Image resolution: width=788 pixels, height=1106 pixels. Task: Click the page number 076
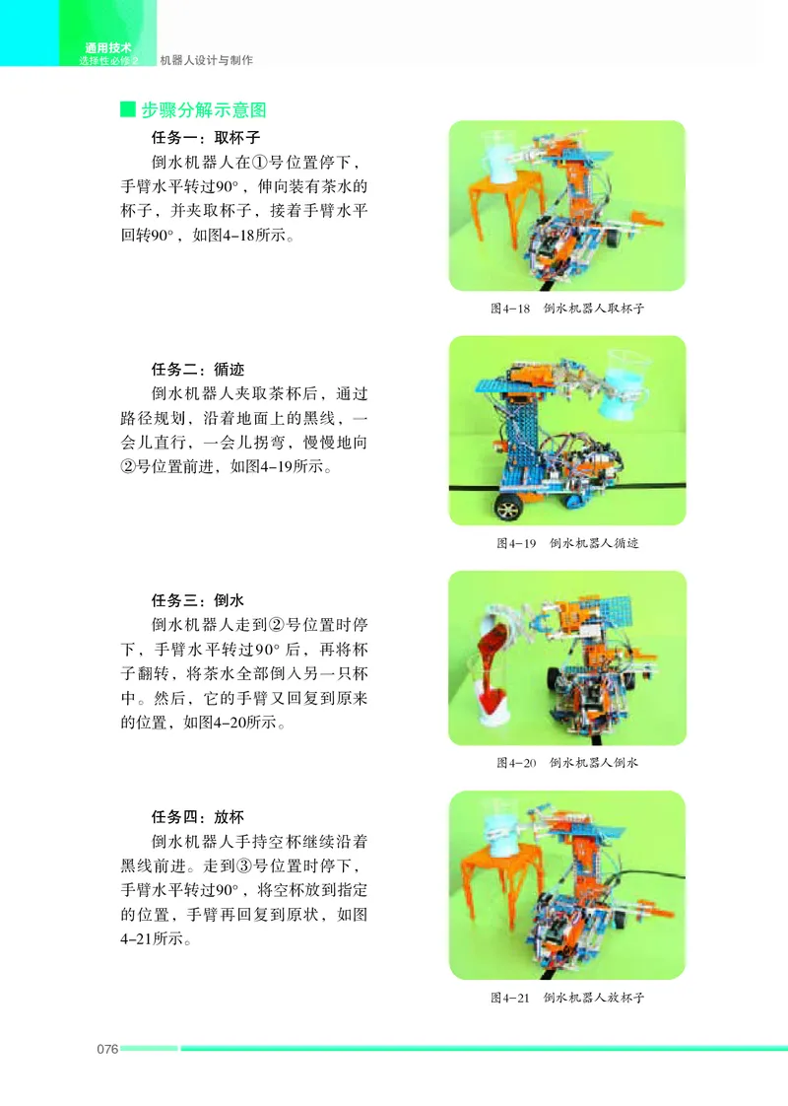click(x=107, y=1048)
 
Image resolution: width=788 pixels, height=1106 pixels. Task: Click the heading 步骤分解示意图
click(x=203, y=109)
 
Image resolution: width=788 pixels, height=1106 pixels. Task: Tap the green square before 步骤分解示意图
click(x=127, y=109)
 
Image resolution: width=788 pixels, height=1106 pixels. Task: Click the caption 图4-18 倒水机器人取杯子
click(x=566, y=309)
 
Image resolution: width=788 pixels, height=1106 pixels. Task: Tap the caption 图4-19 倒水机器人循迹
click(x=566, y=543)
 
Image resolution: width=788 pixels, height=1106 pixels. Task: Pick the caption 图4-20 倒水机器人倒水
click(x=566, y=763)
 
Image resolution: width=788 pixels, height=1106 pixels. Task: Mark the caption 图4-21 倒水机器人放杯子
click(x=566, y=998)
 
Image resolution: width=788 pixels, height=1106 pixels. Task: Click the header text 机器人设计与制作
click(x=206, y=60)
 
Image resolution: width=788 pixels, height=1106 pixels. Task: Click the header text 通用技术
click(x=107, y=47)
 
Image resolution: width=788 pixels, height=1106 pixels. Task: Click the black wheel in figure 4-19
click(x=509, y=508)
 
